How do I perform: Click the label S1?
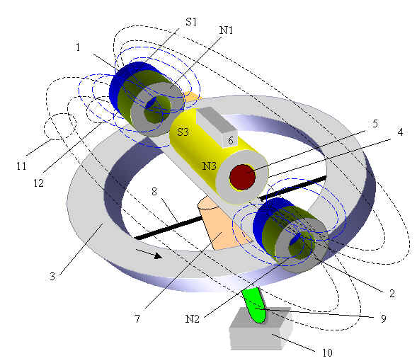point(191,22)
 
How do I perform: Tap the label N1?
point(226,30)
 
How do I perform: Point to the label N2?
point(192,318)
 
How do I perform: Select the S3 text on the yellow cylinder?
point(183,132)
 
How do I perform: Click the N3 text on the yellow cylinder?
point(210,166)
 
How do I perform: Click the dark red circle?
point(242,177)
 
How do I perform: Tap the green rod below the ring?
point(254,306)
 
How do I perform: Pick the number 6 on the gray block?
point(231,141)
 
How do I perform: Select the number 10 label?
point(327,352)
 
